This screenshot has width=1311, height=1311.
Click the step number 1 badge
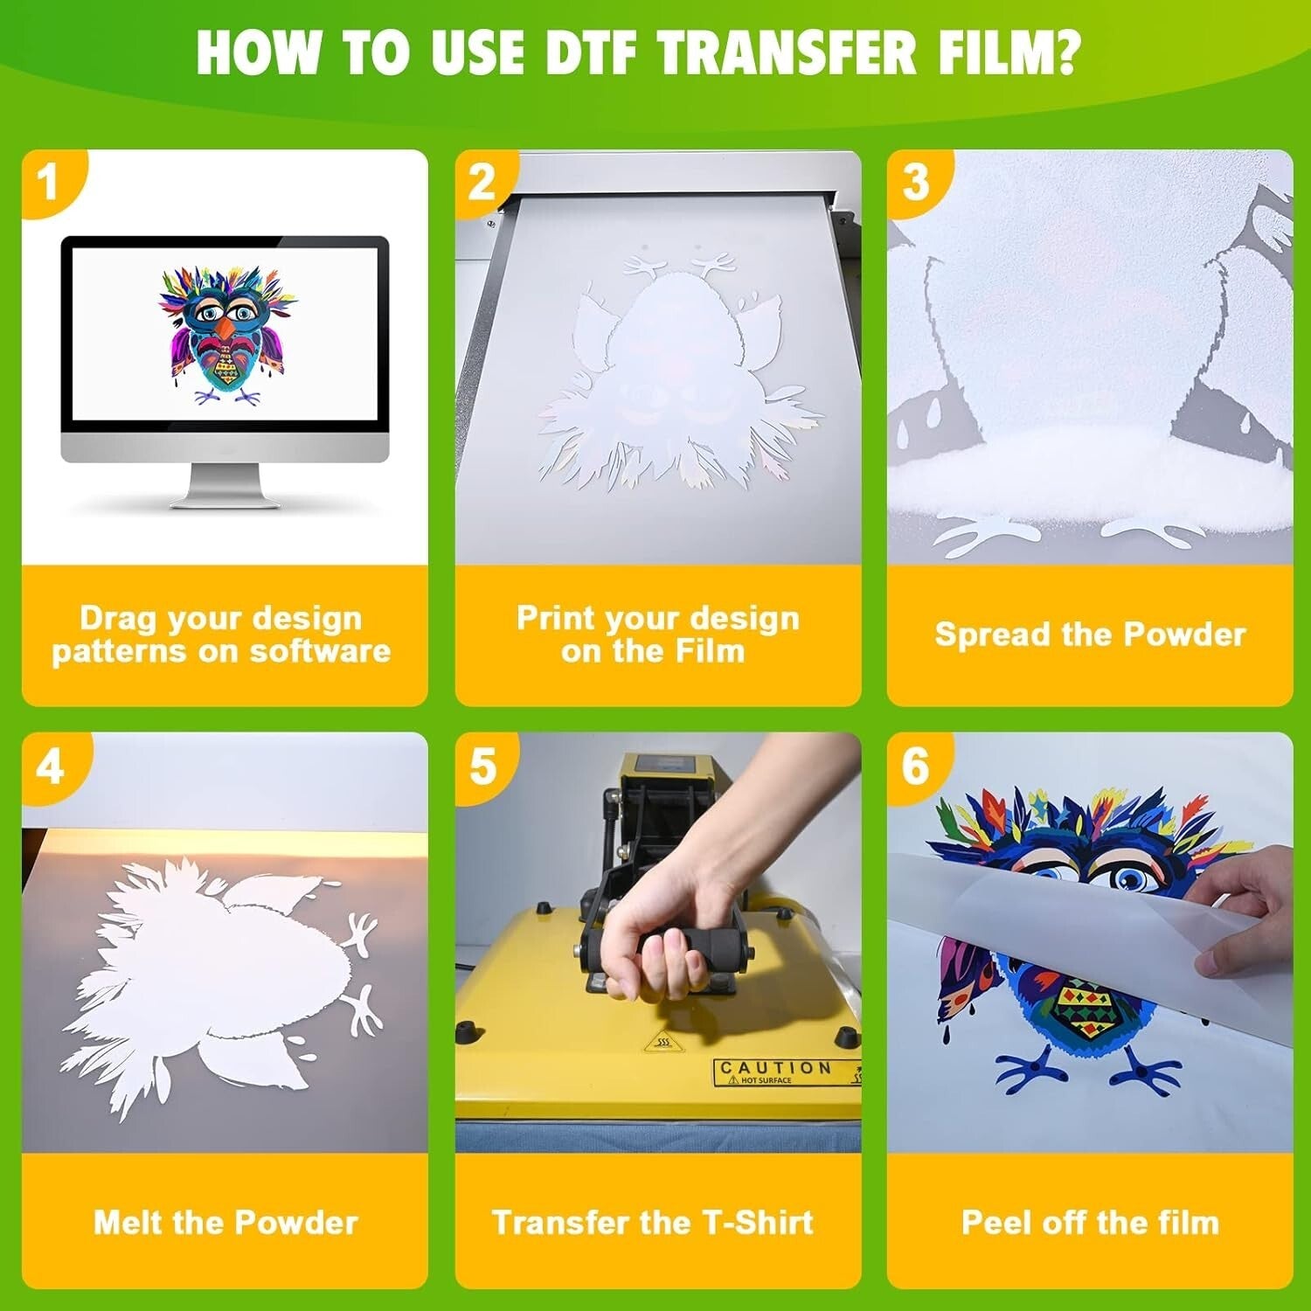[48, 182]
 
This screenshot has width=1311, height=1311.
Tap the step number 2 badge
[482, 182]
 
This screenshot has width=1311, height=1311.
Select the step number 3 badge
[915, 182]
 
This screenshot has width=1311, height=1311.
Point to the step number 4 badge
[50, 766]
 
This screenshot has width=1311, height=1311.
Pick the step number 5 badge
[482, 766]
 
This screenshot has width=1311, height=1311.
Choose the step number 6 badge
[915, 766]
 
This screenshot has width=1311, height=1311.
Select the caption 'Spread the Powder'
[1090, 635]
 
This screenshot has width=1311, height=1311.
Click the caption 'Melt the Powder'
[225, 1222]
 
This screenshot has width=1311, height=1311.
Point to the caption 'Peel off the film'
[1090, 1222]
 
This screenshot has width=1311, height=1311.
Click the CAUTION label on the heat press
[774, 1068]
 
